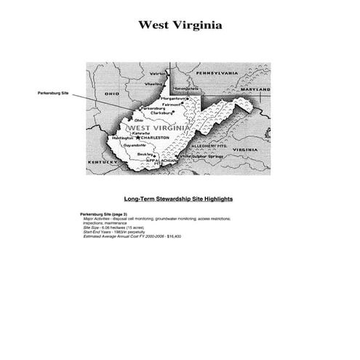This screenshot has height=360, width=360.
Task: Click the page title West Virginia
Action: coord(180,25)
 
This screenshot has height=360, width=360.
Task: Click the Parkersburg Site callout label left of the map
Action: coord(52,93)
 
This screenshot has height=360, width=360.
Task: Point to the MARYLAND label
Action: coord(254,89)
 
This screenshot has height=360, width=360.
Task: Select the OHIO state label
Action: coord(111,94)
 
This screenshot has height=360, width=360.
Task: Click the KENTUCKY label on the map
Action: coord(101,162)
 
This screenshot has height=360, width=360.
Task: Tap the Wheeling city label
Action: coord(154,84)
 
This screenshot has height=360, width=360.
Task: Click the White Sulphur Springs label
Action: coord(201,156)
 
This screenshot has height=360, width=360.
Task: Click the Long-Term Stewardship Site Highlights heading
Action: coord(178,199)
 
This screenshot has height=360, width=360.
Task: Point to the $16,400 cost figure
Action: coord(173,236)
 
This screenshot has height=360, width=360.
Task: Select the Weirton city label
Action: coord(158,73)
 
